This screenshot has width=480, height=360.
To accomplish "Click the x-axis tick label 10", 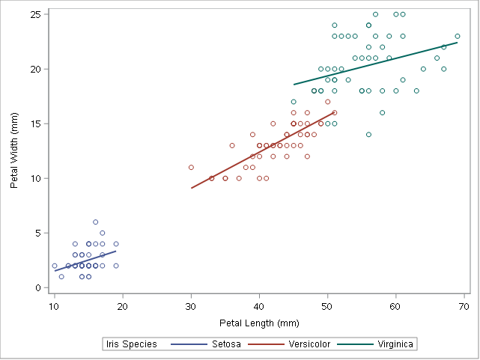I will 54,307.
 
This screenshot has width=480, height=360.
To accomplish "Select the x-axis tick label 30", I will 191,307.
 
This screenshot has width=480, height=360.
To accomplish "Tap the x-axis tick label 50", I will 327,307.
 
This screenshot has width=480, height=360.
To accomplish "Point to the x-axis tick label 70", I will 464,307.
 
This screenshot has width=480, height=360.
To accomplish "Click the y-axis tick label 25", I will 35,14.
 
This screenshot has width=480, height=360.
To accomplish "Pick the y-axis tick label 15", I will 35,123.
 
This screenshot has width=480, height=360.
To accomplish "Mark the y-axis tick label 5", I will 38,234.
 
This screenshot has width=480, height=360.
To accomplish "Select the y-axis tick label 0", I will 38,288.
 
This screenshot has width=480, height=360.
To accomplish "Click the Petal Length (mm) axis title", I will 259,323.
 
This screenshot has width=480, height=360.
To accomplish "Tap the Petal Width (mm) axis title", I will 15,151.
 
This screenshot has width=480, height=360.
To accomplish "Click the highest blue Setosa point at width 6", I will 95,222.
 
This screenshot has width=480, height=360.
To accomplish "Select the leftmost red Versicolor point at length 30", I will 191,168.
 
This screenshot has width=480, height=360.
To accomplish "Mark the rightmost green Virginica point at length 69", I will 458,36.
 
